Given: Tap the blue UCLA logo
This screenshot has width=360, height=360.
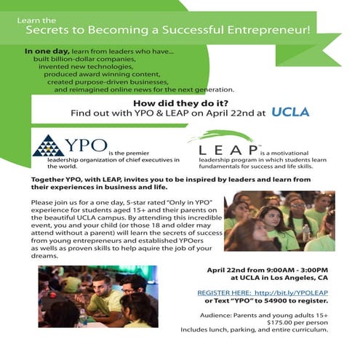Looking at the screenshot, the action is [x=289, y=112].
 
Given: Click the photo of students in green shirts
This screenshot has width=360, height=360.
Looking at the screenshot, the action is [x=279, y=220].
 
